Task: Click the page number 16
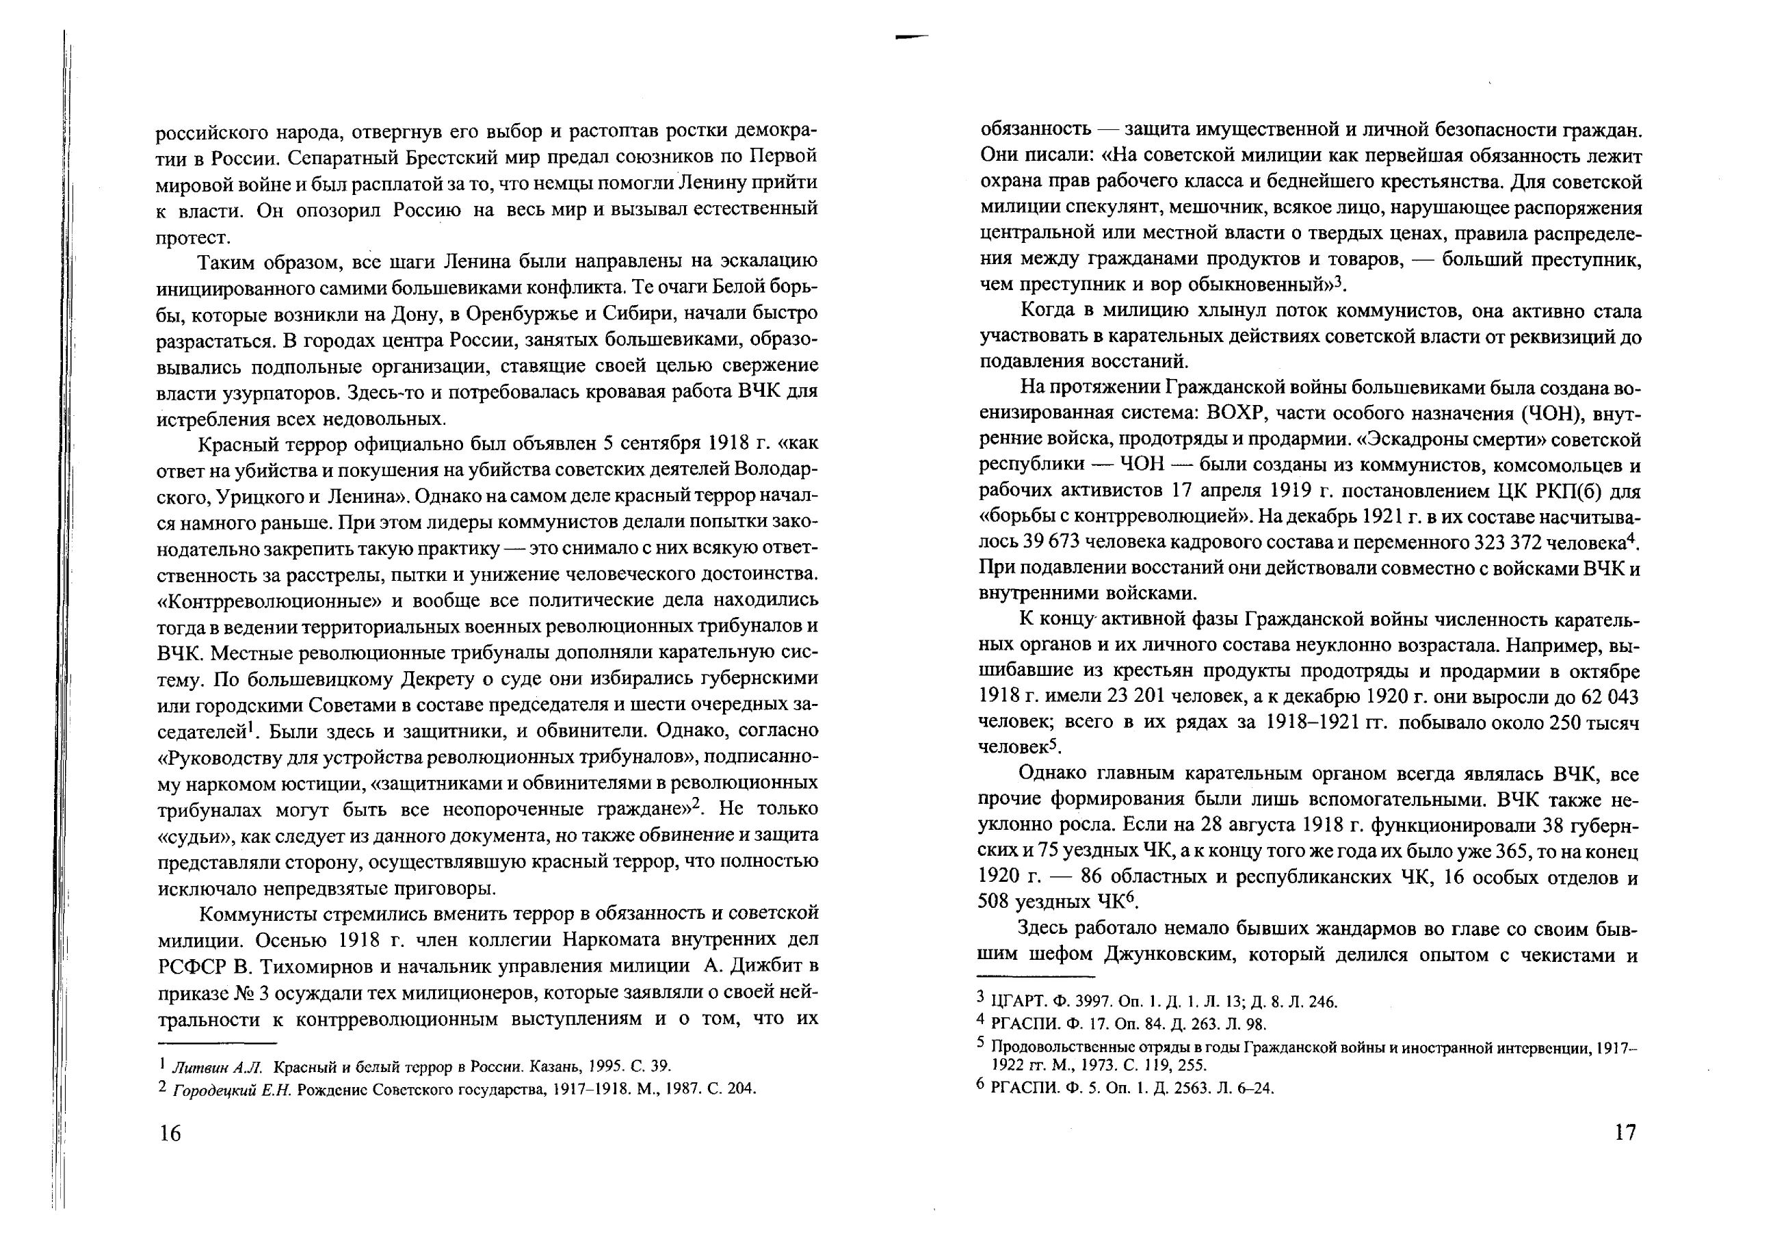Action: click(x=170, y=1134)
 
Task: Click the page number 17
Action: click(x=1625, y=1132)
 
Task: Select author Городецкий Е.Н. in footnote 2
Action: click(x=233, y=1088)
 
